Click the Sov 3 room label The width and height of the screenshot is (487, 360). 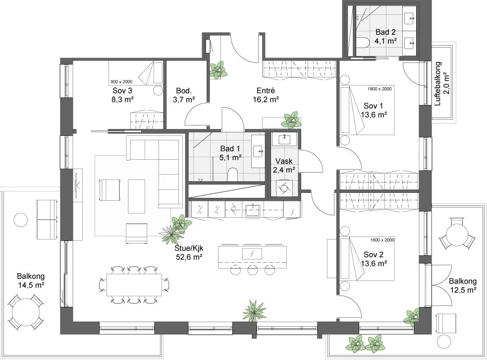click(122, 90)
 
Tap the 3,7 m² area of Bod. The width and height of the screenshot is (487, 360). click(184, 100)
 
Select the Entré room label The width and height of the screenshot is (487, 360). click(266, 91)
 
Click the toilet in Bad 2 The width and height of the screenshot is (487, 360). click(362, 42)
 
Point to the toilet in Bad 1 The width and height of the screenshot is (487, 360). click(232, 175)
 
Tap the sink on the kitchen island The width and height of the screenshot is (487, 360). click(252, 254)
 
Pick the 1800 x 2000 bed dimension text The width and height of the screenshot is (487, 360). click(379, 89)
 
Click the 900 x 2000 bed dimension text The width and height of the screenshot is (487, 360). click(121, 82)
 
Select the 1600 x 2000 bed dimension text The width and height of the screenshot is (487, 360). click(382, 240)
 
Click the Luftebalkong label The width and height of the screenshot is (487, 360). click(438, 84)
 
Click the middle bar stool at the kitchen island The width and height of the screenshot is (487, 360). click(252, 270)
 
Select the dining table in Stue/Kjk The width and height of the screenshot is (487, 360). click(134, 285)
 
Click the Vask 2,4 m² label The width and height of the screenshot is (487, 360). click(284, 166)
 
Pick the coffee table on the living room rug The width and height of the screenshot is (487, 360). click(137, 196)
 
